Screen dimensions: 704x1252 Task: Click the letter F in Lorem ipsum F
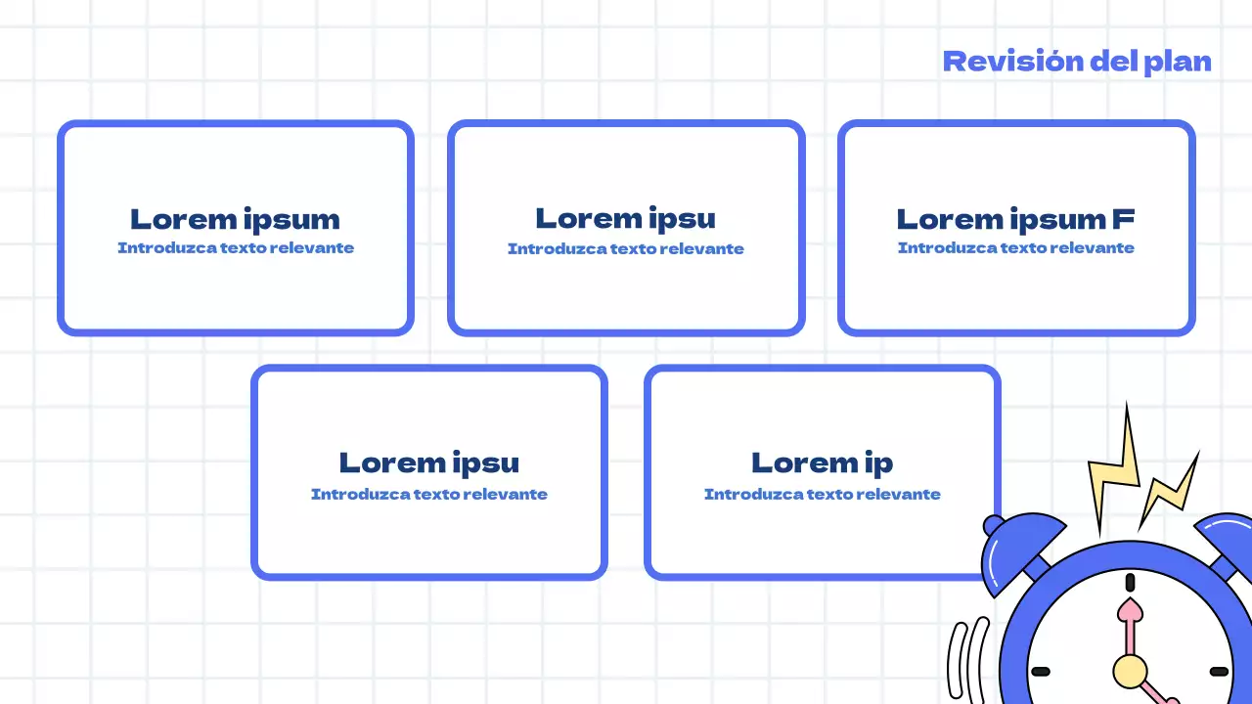(x=1123, y=219)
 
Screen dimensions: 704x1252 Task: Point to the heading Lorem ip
(x=822, y=462)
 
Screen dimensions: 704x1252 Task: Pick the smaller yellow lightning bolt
(x=1171, y=489)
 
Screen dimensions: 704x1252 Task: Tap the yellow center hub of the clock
(x=1130, y=671)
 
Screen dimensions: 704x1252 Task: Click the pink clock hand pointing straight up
(x=1130, y=626)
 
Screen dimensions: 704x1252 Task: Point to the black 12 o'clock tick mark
(x=1130, y=583)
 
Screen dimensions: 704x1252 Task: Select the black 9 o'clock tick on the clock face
(x=1041, y=672)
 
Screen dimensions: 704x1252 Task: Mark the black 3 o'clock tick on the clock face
(x=1219, y=672)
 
